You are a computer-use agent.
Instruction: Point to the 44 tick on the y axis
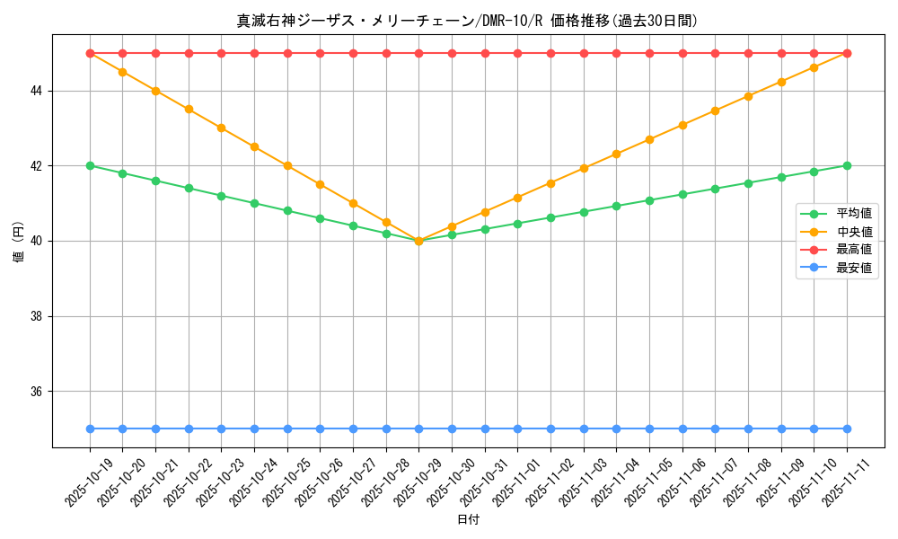click(38, 91)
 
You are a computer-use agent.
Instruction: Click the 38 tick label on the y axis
click(38, 316)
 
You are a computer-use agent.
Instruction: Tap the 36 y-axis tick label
click(38, 392)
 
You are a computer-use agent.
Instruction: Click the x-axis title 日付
click(468, 520)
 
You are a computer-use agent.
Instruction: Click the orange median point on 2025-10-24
click(254, 146)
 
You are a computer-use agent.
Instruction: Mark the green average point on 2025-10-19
click(90, 165)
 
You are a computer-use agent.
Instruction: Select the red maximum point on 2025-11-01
click(517, 53)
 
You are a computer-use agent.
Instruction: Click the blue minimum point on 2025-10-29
click(418, 429)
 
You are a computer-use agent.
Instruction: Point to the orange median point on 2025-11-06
click(682, 125)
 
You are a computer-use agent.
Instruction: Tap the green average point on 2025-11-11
click(847, 165)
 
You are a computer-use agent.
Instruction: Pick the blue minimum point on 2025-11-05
click(649, 429)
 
